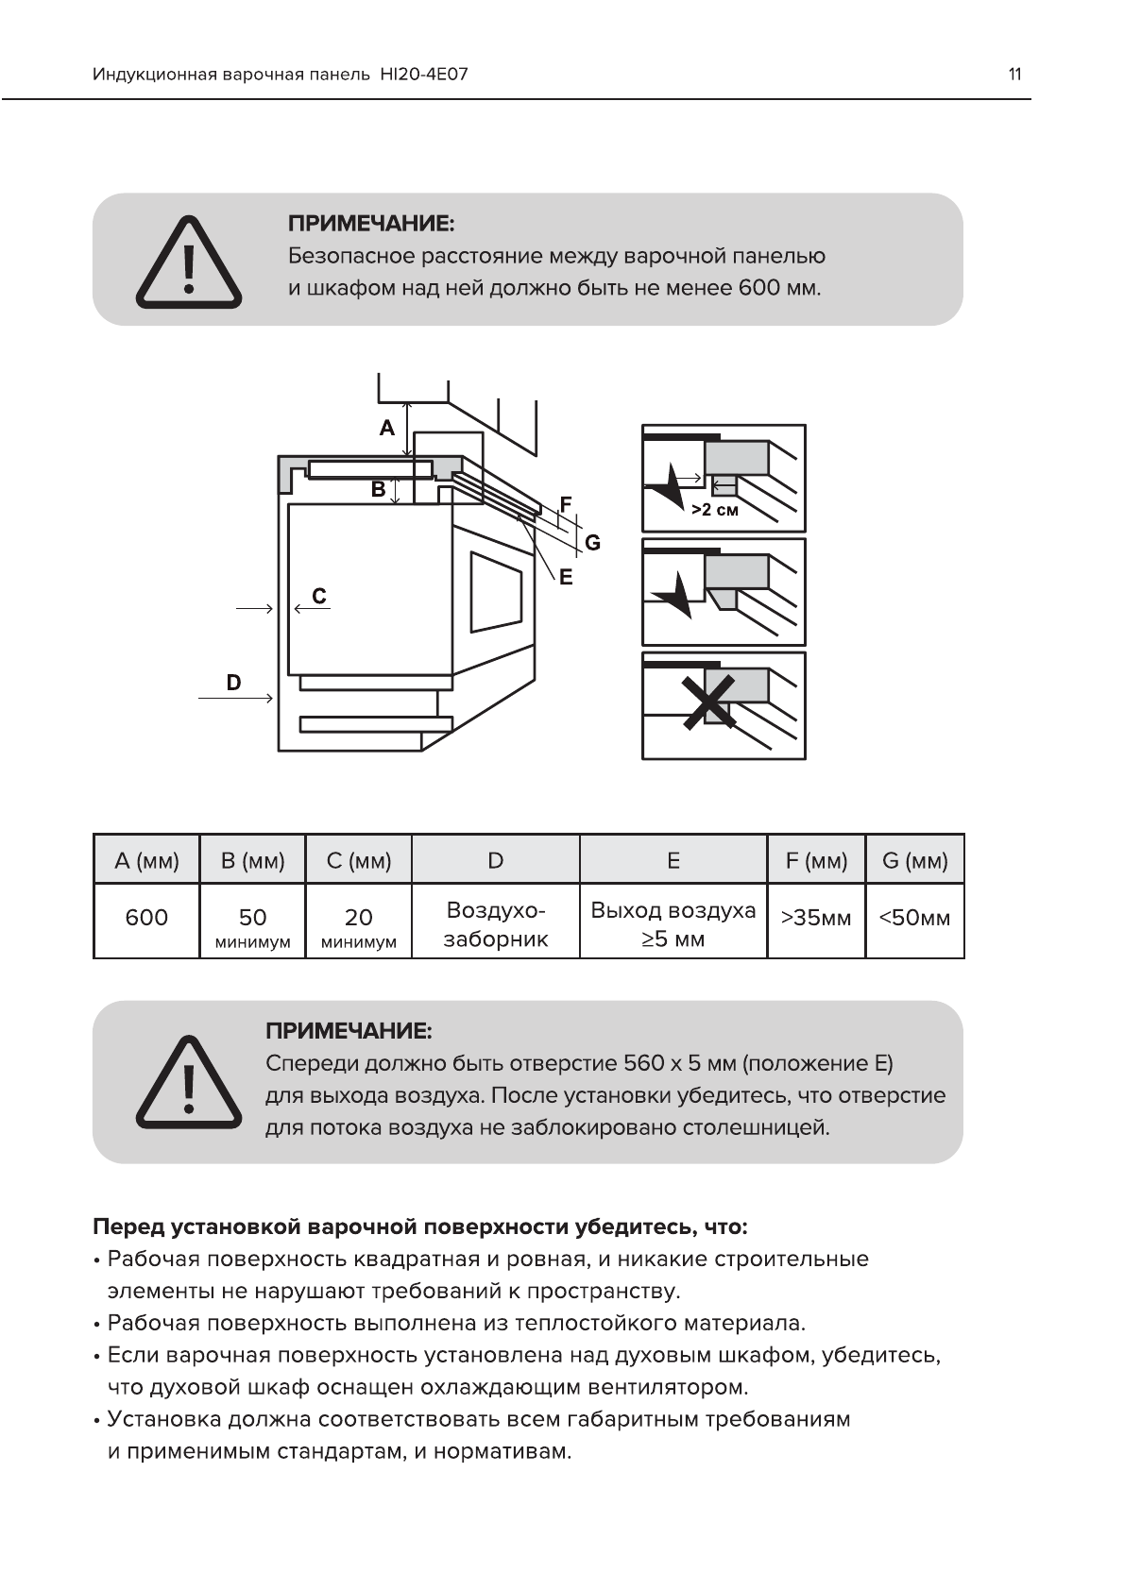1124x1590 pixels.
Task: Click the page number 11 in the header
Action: click(x=1014, y=75)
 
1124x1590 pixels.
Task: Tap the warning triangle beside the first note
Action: click(x=189, y=262)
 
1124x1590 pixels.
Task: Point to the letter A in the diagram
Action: click(x=387, y=429)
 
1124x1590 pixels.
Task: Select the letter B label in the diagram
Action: click(x=378, y=489)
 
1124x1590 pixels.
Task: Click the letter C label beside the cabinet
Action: click(x=319, y=596)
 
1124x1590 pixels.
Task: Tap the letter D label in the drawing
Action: click(x=233, y=682)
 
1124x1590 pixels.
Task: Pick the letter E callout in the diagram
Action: click(x=566, y=577)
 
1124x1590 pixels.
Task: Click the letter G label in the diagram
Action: click(x=592, y=542)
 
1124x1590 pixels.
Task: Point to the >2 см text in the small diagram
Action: click(x=714, y=510)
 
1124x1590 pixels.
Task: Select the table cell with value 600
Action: click(x=146, y=918)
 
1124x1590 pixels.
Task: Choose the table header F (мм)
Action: click(x=816, y=860)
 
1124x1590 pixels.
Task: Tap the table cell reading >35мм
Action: click(x=816, y=918)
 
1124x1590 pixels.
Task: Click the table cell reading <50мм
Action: click(x=914, y=918)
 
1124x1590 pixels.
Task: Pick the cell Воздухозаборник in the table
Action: click(x=495, y=924)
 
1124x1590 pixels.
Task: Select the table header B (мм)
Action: click(x=252, y=860)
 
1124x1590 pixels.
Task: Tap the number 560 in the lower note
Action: click(x=644, y=1064)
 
